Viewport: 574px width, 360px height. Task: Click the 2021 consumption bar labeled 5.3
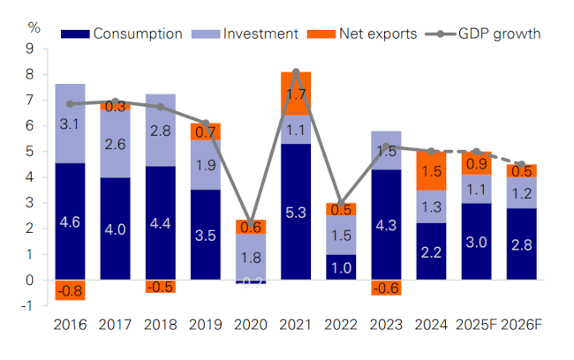click(296, 212)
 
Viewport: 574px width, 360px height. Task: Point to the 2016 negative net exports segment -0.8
click(69, 290)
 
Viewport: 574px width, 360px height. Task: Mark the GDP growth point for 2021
click(296, 72)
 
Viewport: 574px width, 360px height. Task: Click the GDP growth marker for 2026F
click(522, 165)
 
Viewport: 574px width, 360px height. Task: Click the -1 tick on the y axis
click(33, 306)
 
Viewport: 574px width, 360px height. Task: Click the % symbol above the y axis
click(34, 26)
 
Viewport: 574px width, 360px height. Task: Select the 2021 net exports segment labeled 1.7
click(296, 94)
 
